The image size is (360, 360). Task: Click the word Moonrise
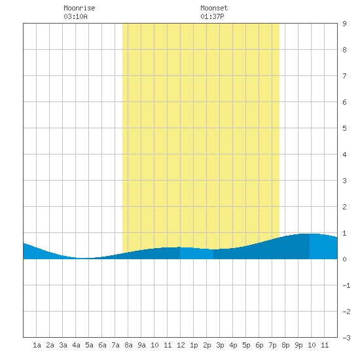[x=79, y=8]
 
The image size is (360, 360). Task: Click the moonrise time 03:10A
[x=75, y=16]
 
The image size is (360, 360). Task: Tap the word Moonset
[x=214, y=8]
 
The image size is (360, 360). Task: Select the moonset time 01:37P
[x=212, y=16]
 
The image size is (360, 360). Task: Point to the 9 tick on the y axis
[x=344, y=24]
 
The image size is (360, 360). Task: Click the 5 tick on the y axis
[x=344, y=128]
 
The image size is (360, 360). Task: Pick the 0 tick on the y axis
[x=344, y=259]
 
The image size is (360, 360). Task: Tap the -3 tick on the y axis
[x=346, y=338]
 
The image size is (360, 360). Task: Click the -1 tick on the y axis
[x=346, y=285]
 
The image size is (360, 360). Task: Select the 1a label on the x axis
[x=37, y=345]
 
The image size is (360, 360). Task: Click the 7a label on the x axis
[x=115, y=345]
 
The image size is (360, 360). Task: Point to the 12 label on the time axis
[x=181, y=345]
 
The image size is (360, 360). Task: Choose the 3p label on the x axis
[x=220, y=345]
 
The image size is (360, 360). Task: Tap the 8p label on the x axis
[x=285, y=345]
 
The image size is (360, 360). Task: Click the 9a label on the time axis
[x=141, y=345]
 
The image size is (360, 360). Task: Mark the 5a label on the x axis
[x=89, y=345]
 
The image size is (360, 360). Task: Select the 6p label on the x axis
[x=259, y=345]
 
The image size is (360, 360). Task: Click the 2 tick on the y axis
[x=344, y=207]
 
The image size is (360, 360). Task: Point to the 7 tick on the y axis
[x=344, y=76]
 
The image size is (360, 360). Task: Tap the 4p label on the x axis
[x=233, y=345]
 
